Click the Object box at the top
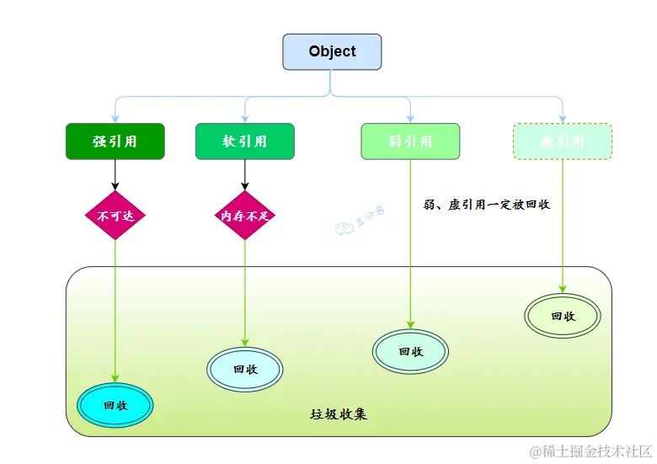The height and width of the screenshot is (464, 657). [332, 51]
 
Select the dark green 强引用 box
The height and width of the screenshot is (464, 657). [115, 141]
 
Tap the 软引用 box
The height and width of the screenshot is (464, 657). [244, 141]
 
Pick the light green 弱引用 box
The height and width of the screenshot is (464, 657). [410, 141]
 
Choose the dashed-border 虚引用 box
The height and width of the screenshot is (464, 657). [563, 141]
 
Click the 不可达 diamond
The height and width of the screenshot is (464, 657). [115, 216]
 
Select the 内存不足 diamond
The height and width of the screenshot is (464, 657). [245, 216]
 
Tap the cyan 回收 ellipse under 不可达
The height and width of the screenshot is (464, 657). [115, 405]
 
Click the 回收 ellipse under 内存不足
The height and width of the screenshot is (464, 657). [245, 369]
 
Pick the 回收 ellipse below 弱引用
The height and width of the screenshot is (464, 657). [410, 352]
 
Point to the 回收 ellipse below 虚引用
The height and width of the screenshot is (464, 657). [563, 316]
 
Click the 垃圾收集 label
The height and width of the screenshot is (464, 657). [339, 415]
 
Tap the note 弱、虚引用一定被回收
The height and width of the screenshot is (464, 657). [487, 204]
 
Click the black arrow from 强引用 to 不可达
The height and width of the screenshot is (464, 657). [115, 174]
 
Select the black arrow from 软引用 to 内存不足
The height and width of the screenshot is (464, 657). [245, 174]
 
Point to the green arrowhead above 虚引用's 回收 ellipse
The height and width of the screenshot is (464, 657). [563, 287]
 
